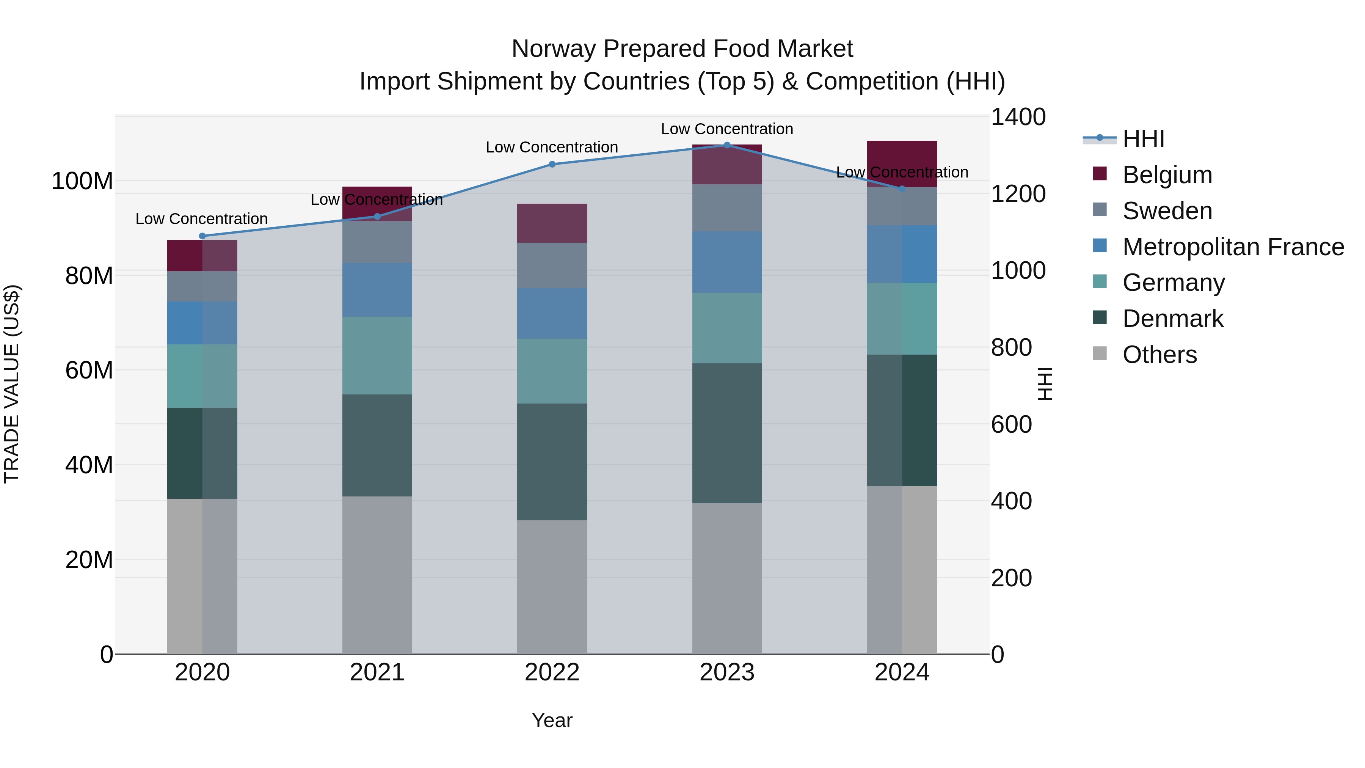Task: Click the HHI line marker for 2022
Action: click(x=552, y=164)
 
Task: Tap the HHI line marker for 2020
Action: click(x=202, y=236)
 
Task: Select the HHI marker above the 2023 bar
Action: click(x=727, y=145)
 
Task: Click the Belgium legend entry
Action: click(x=1167, y=175)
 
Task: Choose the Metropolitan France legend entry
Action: click(x=1233, y=247)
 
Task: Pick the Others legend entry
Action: click(x=1159, y=355)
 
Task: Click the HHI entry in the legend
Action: click(x=1143, y=139)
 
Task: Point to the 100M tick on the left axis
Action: click(x=82, y=181)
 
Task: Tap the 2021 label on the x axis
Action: click(x=377, y=672)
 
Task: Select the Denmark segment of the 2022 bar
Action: click(x=552, y=462)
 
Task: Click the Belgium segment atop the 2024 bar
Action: click(x=902, y=164)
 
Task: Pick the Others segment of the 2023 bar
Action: click(x=727, y=578)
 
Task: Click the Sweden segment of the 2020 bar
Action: click(x=202, y=286)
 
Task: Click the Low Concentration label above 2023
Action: click(x=727, y=129)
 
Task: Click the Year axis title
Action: click(x=552, y=720)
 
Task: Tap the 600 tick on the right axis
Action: click(x=1011, y=424)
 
